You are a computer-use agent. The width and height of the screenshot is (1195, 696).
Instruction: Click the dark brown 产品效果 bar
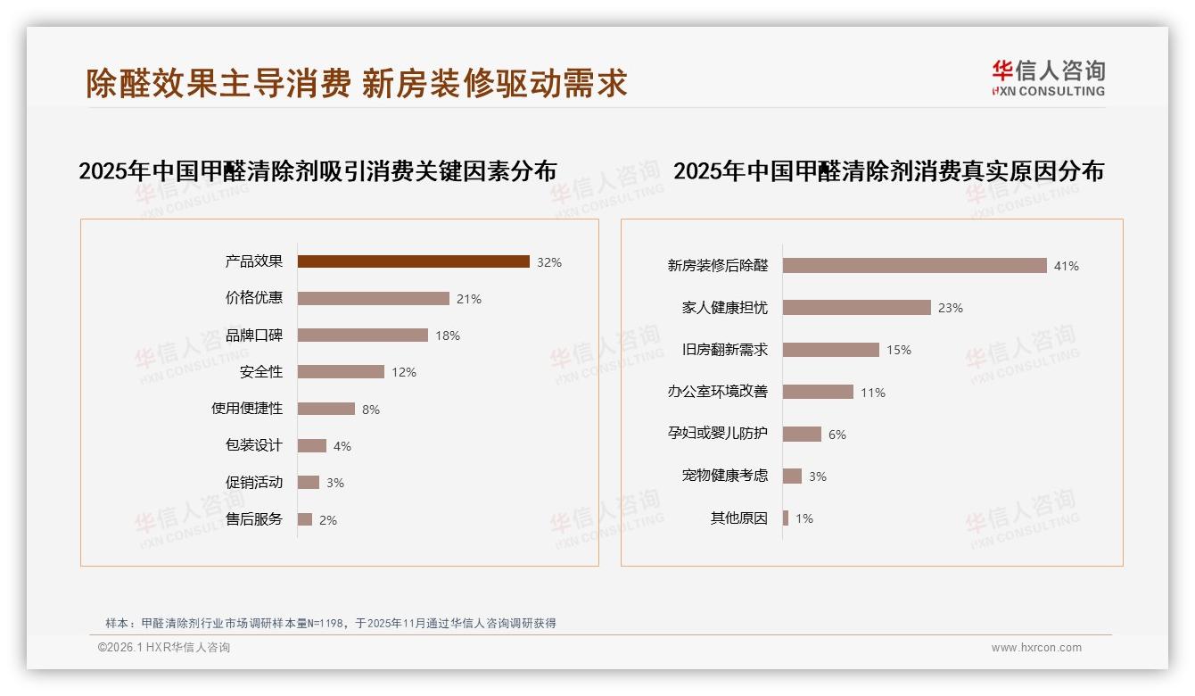click(x=413, y=261)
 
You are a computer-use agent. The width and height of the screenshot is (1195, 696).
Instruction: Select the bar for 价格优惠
click(x=373, y=298)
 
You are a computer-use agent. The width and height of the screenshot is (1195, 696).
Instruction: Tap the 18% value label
click(x=448, y=336)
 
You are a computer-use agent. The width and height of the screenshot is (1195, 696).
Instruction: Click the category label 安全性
click(x=260, y=372)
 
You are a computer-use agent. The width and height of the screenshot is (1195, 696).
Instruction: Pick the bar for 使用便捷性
click(x=326, y=409)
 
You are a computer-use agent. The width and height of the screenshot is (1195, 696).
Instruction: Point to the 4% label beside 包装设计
click(x=342, y=446)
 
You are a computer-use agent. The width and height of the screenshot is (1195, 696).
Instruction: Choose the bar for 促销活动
click(x=308, y=482)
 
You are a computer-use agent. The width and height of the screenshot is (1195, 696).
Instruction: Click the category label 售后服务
click(x=253, y=519)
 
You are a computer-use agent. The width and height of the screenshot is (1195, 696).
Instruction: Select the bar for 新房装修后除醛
click(x=914, y=265)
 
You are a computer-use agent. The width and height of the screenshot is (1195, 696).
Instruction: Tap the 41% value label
click(x=1066, y=266)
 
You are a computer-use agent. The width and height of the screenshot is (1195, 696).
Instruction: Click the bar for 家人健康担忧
click(x=856, y=307)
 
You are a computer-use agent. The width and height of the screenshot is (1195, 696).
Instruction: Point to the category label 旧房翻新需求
click(x=724, y=350)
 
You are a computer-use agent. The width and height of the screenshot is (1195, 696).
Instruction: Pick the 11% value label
click(x=873, y=393)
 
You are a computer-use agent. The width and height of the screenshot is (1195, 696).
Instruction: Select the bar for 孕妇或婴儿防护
click(x=802, y=434)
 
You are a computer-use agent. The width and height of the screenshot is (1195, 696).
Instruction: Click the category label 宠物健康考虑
click(x=724, y=476)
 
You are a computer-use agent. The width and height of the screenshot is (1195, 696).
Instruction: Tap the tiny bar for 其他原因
click(x=786, y=518)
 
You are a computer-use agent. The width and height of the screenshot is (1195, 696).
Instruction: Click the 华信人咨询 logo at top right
click(x=1048, y=78)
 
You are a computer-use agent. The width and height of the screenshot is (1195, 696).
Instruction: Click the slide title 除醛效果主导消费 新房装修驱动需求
click(x=357, y=83)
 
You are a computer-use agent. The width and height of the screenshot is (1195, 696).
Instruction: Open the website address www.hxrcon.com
click(x=1036, y=648)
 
